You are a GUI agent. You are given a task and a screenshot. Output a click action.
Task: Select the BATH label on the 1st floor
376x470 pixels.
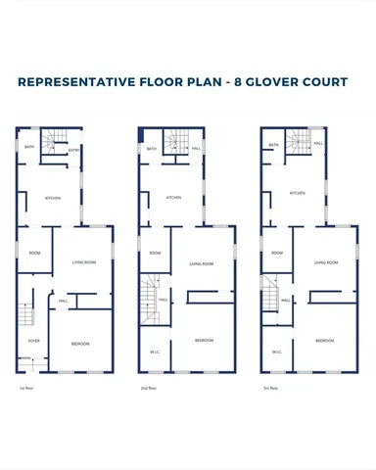pos(27,150)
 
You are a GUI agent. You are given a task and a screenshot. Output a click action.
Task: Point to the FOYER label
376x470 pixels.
pos(33,341)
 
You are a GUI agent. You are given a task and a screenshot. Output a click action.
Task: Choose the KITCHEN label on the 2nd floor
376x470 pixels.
pos(173,197)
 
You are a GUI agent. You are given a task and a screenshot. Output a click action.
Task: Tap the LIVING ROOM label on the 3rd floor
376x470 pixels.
pos(326,262)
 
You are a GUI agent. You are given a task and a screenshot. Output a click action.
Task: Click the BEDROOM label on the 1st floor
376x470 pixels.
pos(81,343)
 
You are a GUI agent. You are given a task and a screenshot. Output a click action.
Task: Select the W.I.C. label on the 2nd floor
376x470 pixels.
pos(155,352)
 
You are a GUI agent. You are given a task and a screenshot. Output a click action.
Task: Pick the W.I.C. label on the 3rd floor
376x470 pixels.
pos(277,352)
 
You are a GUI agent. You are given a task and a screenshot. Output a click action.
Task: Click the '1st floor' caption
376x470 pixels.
pos(26,388)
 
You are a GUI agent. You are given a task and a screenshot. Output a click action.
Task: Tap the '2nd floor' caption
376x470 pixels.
pos(149,388)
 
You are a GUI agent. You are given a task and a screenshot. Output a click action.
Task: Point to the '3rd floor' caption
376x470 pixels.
pos(271,388)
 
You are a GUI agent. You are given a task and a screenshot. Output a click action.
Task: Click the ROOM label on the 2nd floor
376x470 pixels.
pos(155,253)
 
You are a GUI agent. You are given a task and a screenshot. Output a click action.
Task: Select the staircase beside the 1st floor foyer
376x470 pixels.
pos(26,314)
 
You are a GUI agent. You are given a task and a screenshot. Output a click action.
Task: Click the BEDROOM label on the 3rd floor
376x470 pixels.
pos(326,341)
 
